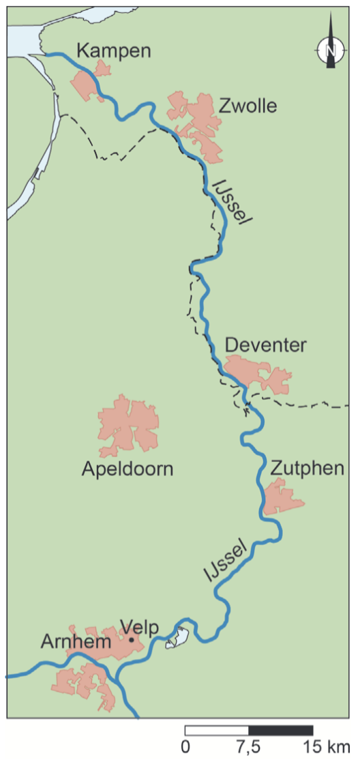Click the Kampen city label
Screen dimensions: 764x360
[x=113, y=50]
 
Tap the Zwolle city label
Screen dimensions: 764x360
[x=248, y=106]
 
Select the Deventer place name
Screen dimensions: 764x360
[x=265, y=345]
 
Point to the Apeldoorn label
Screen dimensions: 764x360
[x=127, y=469]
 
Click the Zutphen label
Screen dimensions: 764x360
[x=307, y=469]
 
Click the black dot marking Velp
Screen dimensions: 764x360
[x=131, y=640]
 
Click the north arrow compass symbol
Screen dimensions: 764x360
[x=331, y=49]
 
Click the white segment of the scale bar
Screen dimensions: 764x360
[x=217, y=731]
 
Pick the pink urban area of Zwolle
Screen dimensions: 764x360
[x=199, y=123]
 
